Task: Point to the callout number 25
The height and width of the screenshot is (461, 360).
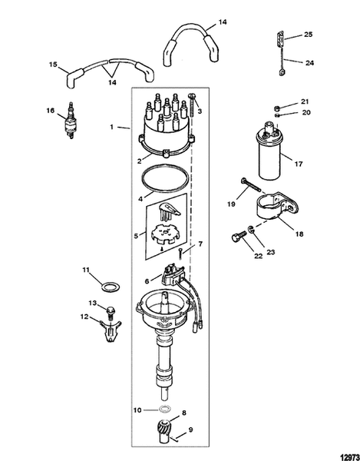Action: [x=309, y=35]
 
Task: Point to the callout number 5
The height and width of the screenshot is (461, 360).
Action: [x=137, y=237]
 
